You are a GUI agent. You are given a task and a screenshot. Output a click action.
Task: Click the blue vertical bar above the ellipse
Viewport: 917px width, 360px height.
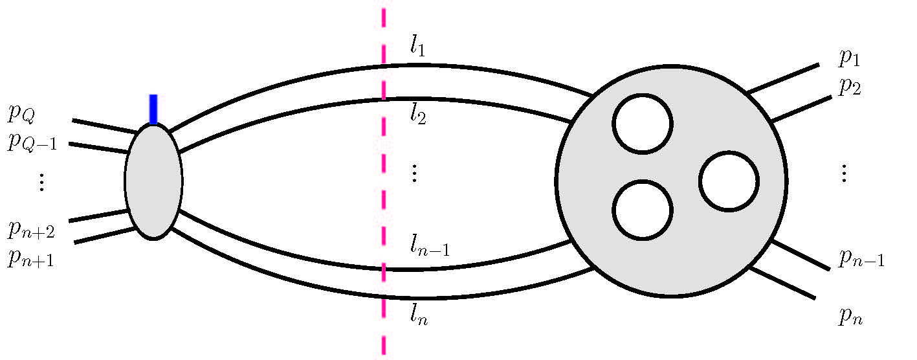point(153,109)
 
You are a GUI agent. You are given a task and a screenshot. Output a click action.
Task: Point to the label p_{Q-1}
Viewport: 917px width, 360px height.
point(32,142)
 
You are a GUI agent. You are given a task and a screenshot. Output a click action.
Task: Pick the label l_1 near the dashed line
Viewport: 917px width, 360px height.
point(417,46)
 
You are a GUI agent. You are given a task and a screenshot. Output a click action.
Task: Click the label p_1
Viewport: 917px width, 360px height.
point(850,58)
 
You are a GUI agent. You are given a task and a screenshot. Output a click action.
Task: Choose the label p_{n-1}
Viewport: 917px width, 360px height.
point(861,259)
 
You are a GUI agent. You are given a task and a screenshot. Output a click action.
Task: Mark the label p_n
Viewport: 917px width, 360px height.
point(852,317)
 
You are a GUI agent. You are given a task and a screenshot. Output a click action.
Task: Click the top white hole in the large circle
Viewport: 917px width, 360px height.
point(643,124)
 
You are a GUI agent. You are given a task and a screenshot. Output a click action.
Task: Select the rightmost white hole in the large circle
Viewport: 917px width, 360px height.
point(729,181)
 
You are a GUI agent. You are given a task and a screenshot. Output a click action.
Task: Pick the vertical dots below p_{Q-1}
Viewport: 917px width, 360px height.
point(41,183)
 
